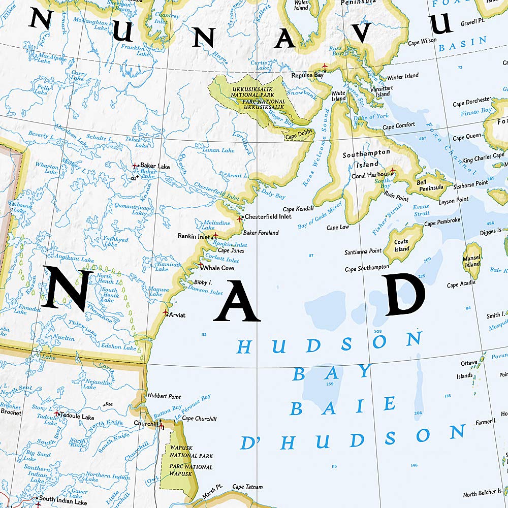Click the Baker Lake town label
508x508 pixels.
(x=155, y=166)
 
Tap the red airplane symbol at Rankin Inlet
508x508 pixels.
(x=215, y=236)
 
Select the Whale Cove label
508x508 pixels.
(x=218, y=268)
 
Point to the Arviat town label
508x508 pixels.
(x=177, y=315)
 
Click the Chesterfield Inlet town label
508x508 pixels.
(x=268, y=216)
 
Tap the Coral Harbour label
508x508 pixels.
(x=370, y=175)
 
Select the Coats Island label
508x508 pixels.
(x=402, y=245)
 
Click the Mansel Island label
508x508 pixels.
(x=472, y=261)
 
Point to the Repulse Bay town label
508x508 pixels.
(x=307, y=75)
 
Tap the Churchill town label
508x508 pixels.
(x=144, y=423)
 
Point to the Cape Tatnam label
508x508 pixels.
(x=247, y=487)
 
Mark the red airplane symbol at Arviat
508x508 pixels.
(x=166, y=312)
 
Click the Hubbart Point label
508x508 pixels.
(x=164, y=396)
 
